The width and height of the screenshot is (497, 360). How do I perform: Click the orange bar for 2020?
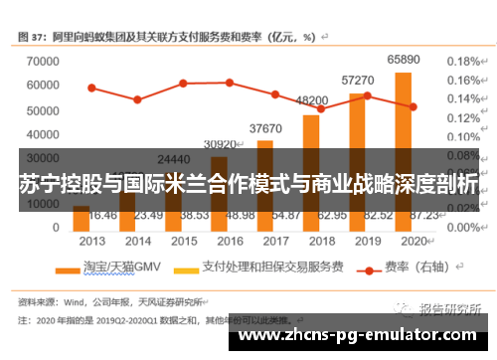coord(403,149)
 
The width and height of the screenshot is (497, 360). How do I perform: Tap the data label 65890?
coord(403,60)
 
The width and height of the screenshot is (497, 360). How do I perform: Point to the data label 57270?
coord(357,80)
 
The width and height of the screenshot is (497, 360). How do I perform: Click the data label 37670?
coord(265,128)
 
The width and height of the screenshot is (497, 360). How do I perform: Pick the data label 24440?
coord(174,159)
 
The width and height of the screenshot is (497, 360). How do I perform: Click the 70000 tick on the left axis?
coord(42,61)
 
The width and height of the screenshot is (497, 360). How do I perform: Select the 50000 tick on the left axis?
coord(42,109)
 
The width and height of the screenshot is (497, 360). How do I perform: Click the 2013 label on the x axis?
coord(92,241)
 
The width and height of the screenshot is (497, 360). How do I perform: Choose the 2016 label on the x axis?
coord(230,241)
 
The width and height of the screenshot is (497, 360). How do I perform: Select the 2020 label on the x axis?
coord(412,241)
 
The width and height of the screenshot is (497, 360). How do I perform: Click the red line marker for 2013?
coord(91,88)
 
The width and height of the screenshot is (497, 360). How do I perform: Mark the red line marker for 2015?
coord(183,83)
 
